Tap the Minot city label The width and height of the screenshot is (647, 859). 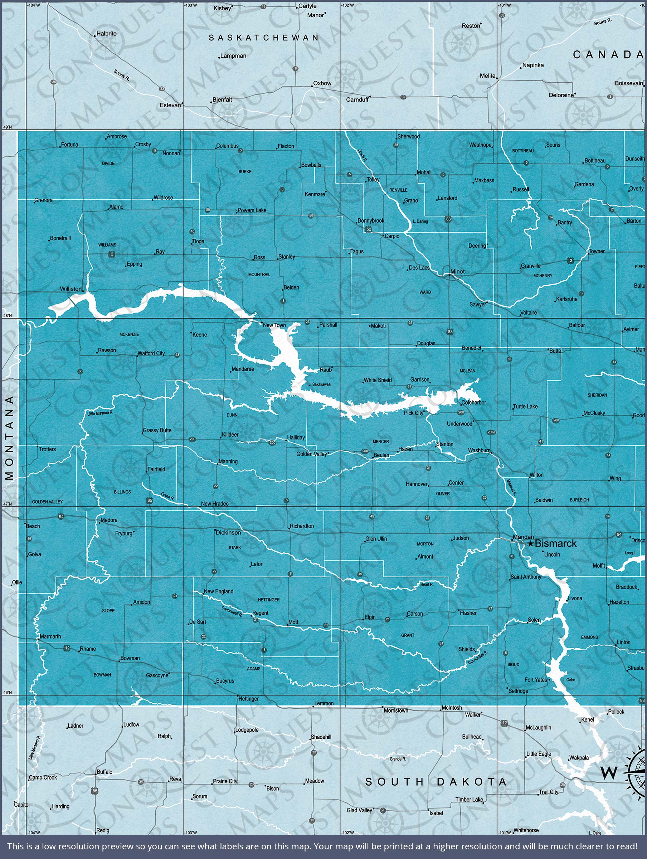click(x=457, y=271)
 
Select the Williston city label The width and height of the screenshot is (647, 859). click(x=71, y=289)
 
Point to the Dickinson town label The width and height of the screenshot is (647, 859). click(x=228, y=533)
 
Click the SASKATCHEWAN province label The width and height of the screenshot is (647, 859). click(x=264, y=38)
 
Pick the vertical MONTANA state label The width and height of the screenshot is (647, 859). click(x=10, y=438)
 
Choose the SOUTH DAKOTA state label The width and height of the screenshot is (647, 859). click(x=436, y=782)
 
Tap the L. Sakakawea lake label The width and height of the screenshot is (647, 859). click(x=319, y=384)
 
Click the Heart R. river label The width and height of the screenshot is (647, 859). click(x=427, y=584)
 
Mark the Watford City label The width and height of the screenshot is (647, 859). click(x=151, y=353)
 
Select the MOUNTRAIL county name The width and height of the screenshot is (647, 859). click(x=259, y=275)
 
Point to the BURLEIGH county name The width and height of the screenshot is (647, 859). click(x=579, y=500)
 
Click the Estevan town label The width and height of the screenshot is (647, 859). click(x=170, y=105)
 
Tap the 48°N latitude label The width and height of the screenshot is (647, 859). click(x=8, y=316)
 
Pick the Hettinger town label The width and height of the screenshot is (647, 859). click(x=249, y=699)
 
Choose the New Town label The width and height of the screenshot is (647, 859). click(x=274, y=325)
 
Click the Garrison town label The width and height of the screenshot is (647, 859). click(x=420, y=379)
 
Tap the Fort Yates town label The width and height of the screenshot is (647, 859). click(x=536, y=680)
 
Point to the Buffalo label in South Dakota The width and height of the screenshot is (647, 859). click(x=104, y=772)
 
